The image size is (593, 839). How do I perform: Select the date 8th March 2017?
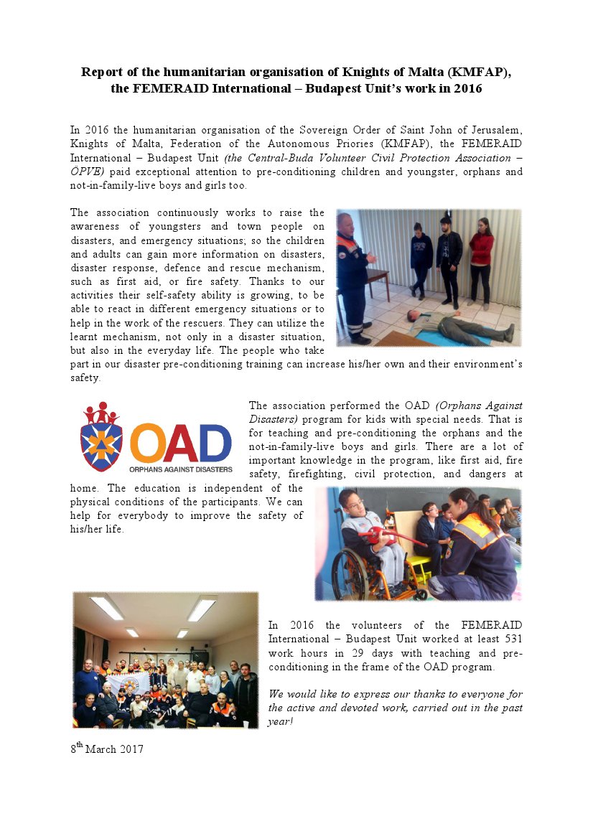point(107,749)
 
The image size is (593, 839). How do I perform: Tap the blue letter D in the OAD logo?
point(215,444)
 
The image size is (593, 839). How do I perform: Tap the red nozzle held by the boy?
point(388,535)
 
